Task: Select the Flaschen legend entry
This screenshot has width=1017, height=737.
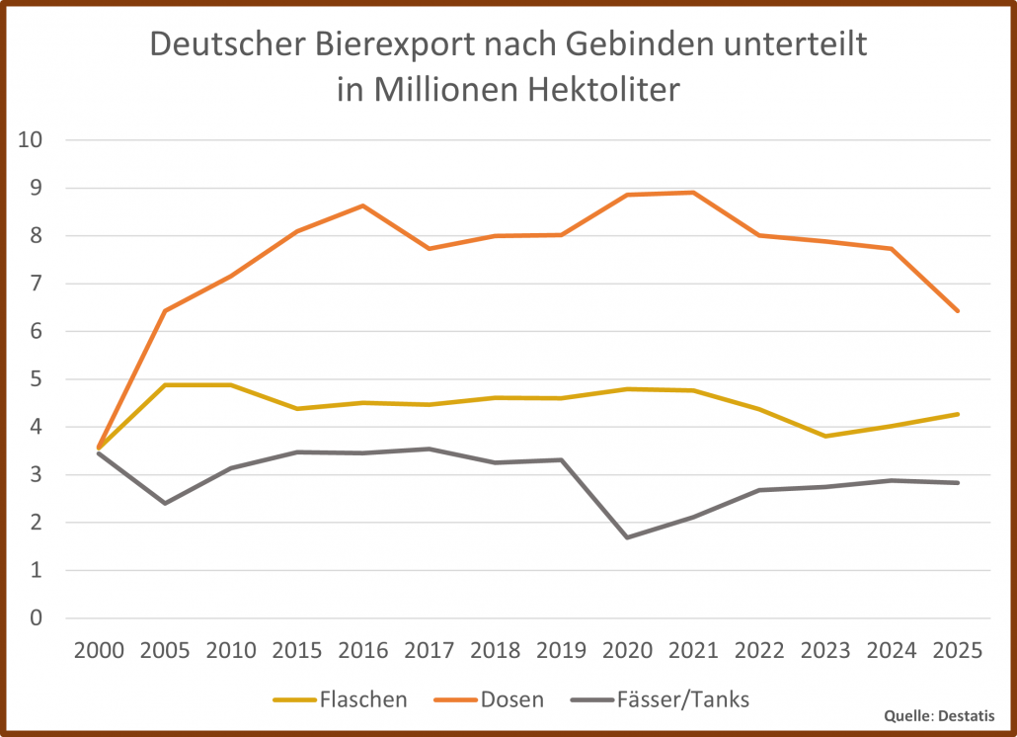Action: click(x=362, y=699)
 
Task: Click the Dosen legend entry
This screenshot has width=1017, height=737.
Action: click(x=511, y=699)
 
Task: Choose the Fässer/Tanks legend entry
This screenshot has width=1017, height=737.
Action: click(x=680, y=699)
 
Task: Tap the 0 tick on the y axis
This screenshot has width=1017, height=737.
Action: click(x=37, y=618)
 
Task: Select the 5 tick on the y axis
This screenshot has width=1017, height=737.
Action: click(x=37, y=379)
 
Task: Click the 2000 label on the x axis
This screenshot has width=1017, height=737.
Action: click(x=99, y=650)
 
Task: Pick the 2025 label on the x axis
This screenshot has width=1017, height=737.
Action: click(x=957, y=650)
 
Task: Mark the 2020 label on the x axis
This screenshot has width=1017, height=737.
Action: click(x=627, y=650)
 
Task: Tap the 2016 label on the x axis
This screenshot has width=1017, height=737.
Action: click(x=363, y=650)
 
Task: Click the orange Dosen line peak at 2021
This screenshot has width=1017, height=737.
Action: click(x=693, y=193)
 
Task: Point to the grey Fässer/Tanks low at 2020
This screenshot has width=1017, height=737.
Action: click(x=627, y=537)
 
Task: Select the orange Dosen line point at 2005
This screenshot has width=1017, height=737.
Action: click(x=165, y=310)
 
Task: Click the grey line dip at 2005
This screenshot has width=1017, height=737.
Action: click(x=165, y=503)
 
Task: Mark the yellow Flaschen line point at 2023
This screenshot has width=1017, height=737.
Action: click(x=825, y=436)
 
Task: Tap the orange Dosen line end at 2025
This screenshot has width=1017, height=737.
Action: click(x=957, y=311)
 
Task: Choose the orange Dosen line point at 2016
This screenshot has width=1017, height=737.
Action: click(x=363, y=205)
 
